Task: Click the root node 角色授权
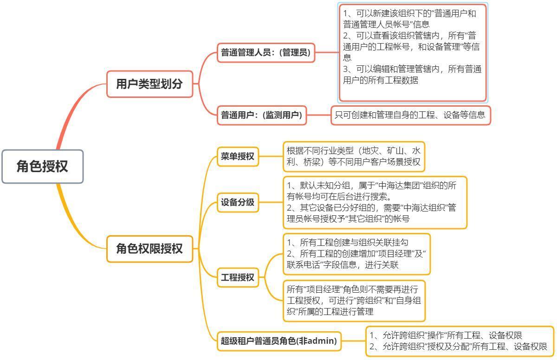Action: pos(42,166)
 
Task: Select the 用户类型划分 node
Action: pos(149,84)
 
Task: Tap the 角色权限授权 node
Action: pos(149,249)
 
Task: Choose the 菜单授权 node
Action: pos(238,156)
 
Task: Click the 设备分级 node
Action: pos(238,202)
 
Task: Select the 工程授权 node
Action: pos(238,277)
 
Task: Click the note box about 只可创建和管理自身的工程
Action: pos(410,115)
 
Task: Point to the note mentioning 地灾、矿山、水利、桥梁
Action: pos(354,156)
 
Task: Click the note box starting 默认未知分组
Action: pos(375,202)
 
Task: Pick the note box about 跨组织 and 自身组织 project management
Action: pos(354,301)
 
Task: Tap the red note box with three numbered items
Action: pos(413,52)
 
